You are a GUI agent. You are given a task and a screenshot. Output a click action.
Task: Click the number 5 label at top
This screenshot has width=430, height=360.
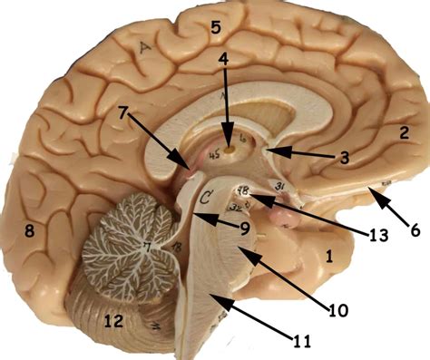tap(215, 26)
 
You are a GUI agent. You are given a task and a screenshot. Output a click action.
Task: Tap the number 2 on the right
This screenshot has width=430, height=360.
tap(402, 132)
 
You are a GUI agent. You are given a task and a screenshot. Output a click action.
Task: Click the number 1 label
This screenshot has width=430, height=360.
tap(329, 257)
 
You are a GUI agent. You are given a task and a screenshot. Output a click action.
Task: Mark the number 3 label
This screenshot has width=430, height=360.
tap(343, 157)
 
